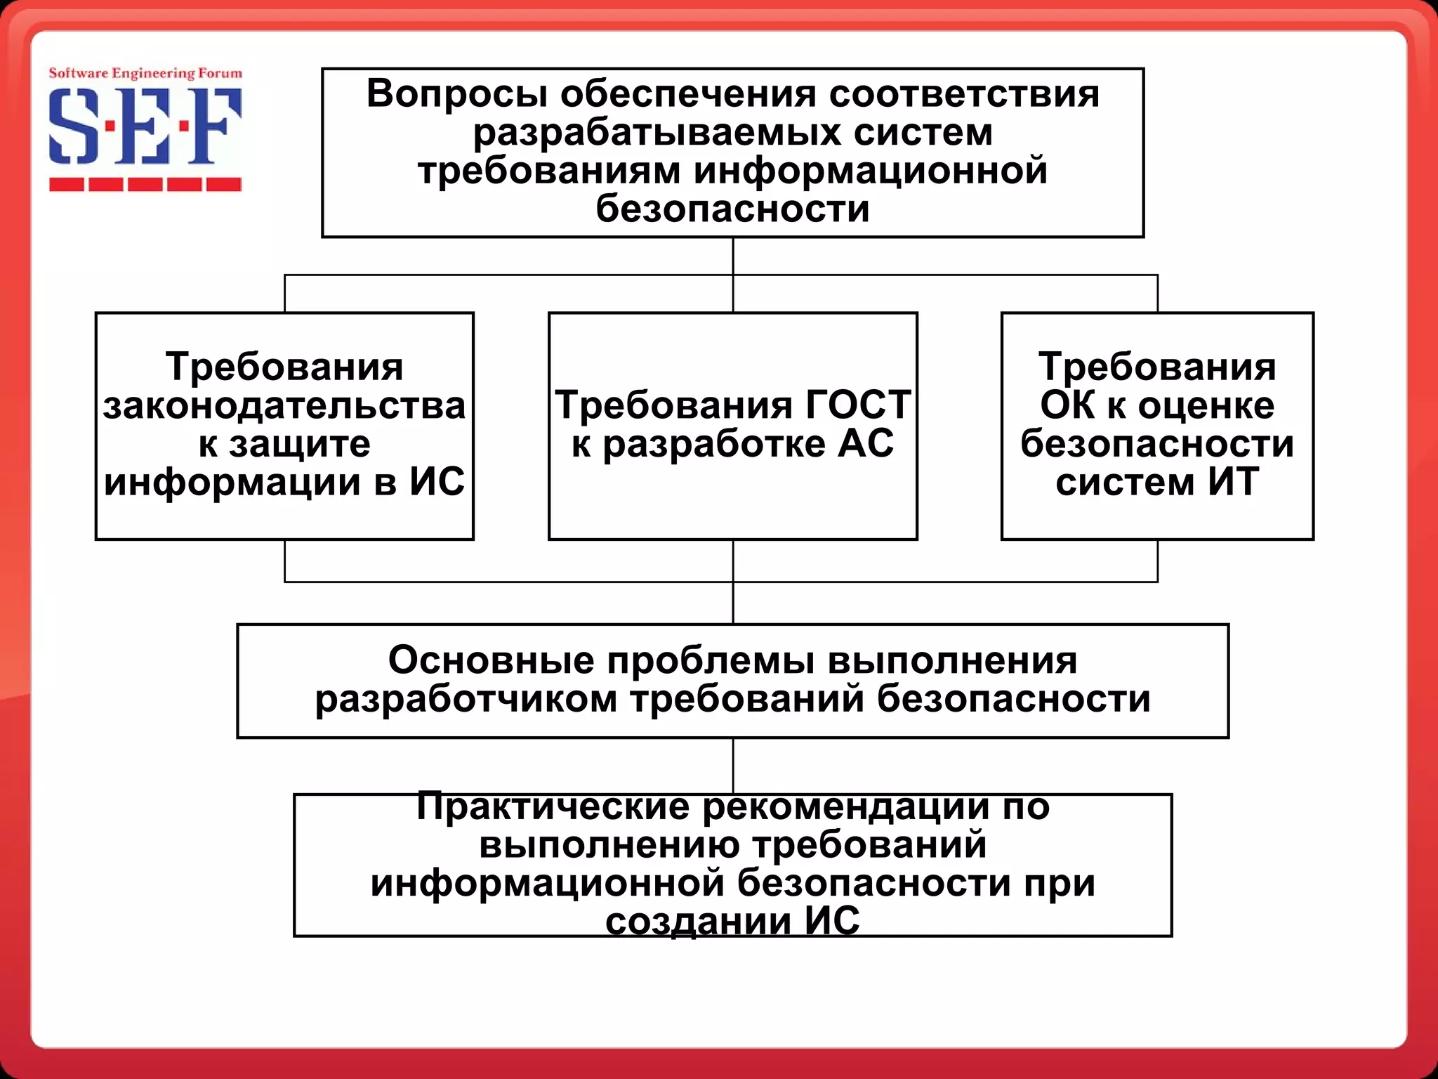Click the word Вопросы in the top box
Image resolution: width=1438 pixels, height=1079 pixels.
tap(456, 94)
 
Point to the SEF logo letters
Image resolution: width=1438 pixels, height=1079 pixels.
tap(145, 126)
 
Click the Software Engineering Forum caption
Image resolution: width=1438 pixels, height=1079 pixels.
tap(145, 73)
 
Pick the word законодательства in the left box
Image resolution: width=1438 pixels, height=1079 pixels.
tap(284, 406)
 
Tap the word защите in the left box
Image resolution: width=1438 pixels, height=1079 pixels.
tap(300, 444)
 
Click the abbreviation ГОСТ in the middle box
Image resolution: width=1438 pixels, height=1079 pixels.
tap(858, 405)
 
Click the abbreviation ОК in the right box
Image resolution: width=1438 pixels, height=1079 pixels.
tap(1067, 405)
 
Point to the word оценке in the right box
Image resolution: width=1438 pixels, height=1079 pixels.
tap(1206, 405)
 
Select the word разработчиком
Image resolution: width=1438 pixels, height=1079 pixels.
tap(466, 699)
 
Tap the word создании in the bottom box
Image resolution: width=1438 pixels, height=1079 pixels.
tap(698, 921)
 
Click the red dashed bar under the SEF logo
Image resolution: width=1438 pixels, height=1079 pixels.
tap(145, 185)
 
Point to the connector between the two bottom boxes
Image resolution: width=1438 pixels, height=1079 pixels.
tap(733, 766)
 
